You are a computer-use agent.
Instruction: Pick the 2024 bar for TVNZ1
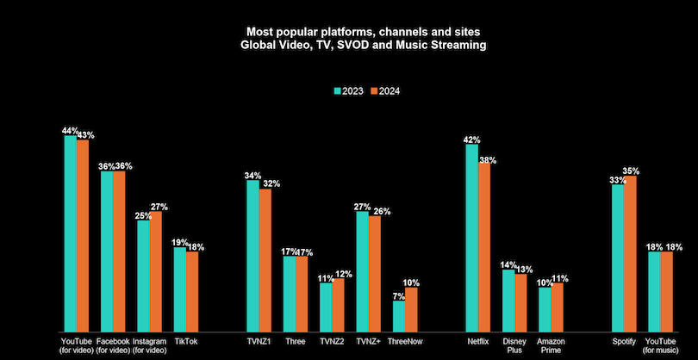[265, 258]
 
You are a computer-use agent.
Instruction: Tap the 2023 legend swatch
[337, 90]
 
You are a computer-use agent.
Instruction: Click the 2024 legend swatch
[373, 90]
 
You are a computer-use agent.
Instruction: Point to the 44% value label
[70, 130]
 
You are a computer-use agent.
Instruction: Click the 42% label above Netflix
[471, 139]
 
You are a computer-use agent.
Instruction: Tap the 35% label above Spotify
[631, 171]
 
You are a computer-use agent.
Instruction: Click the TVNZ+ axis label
[368, 341]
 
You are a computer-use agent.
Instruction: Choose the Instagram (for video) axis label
[149, 345]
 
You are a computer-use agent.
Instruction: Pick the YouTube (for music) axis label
[660, 345]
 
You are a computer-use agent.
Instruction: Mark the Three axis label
[296, 341]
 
